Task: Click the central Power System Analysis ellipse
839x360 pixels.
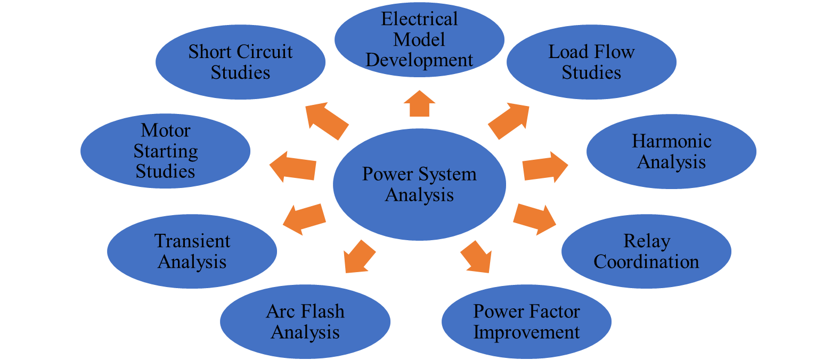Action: click(419, 184)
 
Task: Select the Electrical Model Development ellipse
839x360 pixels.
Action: click(419, 40)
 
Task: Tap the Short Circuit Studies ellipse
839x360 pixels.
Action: click(240, 62)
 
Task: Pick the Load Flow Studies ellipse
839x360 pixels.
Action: click(591, 62)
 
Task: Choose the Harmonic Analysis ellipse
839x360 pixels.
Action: click(671, 151)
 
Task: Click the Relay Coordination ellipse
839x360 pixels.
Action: click(646, 251)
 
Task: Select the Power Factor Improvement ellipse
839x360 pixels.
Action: click(526, 322)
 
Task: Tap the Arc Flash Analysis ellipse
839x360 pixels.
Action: click(305, 322)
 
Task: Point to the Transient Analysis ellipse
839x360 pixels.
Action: click(192, 251)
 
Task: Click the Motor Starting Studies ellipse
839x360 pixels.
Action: click(165, 151)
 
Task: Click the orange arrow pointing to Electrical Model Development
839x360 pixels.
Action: click(420, 104)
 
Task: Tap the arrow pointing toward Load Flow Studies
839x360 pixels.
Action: click(509, 121)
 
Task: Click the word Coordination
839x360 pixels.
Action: click(646, 262)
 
